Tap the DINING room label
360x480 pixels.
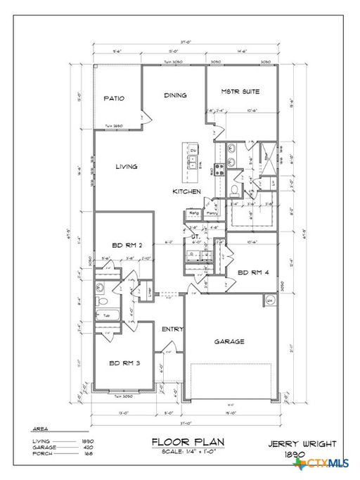(x=176, y=95)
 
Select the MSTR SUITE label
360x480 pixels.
(x=240, y=91)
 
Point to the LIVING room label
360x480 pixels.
(x=127, y=167)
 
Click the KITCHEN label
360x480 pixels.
(x=188, y=191)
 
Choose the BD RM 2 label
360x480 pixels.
(x=127, y=246)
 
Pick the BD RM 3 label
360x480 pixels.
(x=124, y=363)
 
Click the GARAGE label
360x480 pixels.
(x=229, y=341)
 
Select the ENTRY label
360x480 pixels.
(x=173, y=329)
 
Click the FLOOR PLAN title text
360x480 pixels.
(x=187, y=442)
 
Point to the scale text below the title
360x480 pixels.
(x=187, y=451)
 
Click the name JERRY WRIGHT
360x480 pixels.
(x=302, y=444)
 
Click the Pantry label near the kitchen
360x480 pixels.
(x=210, y=212)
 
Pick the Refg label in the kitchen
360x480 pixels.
(x=193, y=212)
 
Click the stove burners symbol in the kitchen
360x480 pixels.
(x=219, y=168)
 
